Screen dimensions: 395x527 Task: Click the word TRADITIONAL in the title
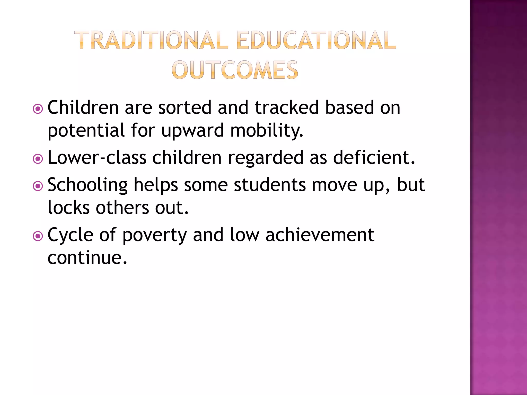[151, 40]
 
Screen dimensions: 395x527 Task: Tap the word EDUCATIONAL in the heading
[316, 40]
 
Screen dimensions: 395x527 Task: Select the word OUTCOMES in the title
[235, 70]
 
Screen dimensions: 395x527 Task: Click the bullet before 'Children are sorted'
[38, 109]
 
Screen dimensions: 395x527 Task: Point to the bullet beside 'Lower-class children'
[38, 159]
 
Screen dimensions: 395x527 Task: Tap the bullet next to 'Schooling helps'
[38, 186]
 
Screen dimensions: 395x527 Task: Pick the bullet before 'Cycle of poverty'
[38, 236]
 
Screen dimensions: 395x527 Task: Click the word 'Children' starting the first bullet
[83, 107]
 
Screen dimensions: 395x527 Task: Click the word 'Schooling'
[87, 185]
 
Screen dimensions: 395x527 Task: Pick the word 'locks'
[69, 207]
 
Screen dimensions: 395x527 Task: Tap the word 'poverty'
[154, 235]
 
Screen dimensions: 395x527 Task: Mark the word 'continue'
[87, 258]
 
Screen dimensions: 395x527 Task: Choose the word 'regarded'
[266, 158]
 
